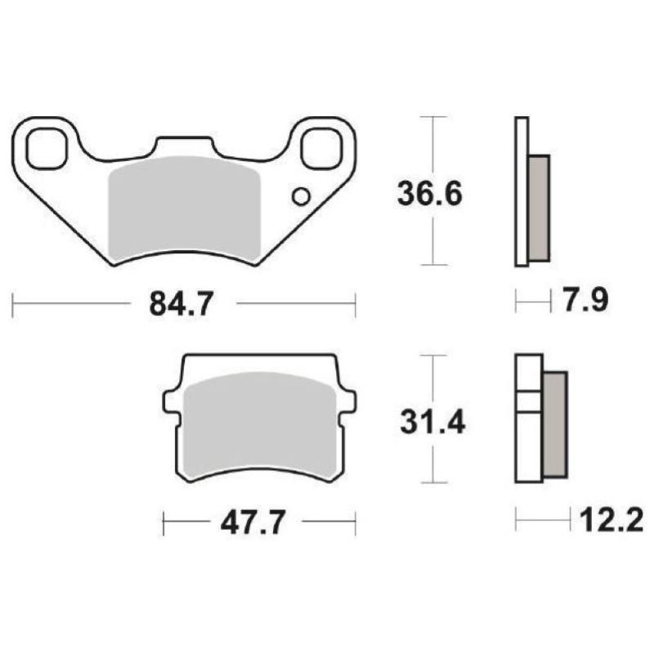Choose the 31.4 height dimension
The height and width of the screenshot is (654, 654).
[432, 422]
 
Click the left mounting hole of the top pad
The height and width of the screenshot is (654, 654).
[44, 148]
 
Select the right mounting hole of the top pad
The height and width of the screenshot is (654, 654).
[320, 148]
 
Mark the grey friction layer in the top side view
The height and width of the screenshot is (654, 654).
[539, 208]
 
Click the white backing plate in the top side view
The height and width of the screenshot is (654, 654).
[522, 192]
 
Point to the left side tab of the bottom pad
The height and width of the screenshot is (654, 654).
[170, 401]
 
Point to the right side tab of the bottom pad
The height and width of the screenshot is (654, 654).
[349, 401]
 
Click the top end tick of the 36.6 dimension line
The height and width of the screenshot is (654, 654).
[433, 117]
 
